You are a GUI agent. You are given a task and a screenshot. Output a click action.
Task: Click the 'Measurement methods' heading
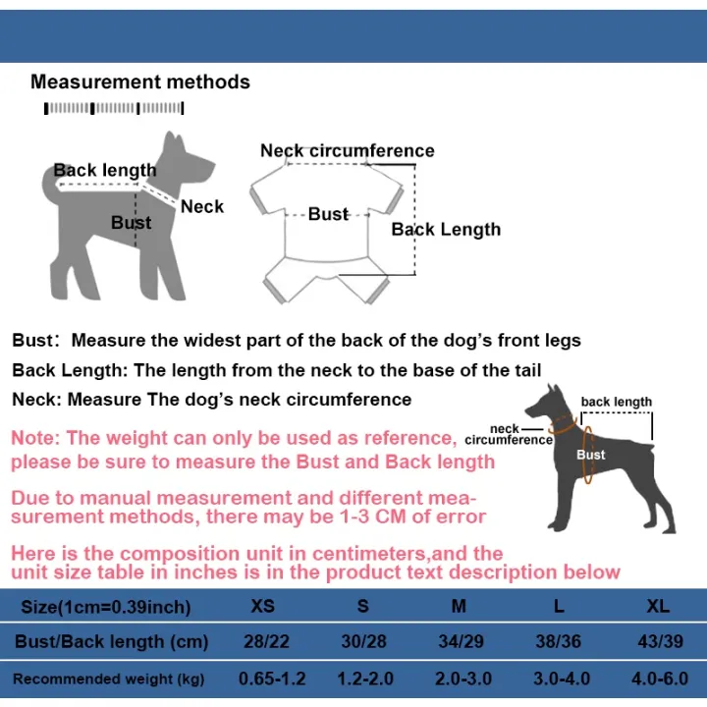[x=139, y=82]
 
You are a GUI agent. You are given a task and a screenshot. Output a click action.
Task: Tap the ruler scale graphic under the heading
[x=114, y=108]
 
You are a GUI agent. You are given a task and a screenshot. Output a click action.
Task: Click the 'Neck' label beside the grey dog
[x=202, y=206]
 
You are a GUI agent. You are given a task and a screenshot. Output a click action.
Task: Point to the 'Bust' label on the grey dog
[x=132, y=222]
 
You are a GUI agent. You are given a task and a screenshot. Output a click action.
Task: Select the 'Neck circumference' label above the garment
[x=348, y=150]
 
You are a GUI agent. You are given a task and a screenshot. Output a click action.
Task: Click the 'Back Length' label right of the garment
[x=446, y=229]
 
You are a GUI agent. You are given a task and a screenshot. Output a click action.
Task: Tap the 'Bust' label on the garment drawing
[x=328, y=214]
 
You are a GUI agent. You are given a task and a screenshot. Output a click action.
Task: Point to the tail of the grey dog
[x=50, y=184]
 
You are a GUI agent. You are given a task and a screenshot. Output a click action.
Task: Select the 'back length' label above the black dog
[x=616, y=402]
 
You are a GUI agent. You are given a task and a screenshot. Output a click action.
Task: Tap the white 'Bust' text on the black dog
[x=591, y=455]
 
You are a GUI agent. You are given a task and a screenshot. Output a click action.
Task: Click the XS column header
[x=262, y=606]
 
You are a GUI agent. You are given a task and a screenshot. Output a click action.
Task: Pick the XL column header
[x=658, y=606]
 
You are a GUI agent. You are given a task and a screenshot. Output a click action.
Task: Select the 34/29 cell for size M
[x=461, y=641]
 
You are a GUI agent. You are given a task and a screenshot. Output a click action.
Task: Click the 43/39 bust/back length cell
[x=661, y=641]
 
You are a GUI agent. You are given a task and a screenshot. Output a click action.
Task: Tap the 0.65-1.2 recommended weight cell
[x=272, y=679]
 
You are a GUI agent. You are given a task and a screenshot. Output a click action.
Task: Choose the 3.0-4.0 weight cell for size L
[x=562, y=679]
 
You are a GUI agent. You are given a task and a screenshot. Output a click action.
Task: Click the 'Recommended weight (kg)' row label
[x=109, y=680]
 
